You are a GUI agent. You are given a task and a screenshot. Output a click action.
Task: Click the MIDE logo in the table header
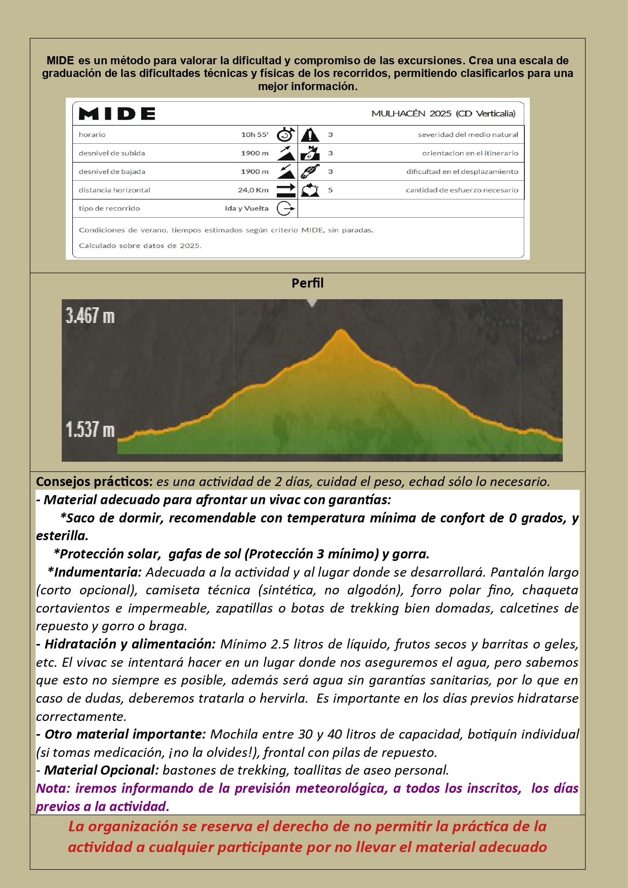click(117, 114)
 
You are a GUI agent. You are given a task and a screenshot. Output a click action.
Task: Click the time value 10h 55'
click(255, 135)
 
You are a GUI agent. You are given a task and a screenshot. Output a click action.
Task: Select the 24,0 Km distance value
click(253, 190)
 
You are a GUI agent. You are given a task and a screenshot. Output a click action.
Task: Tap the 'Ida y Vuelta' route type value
click(246, 209)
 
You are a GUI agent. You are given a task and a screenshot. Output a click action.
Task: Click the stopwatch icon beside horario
click(286, 135)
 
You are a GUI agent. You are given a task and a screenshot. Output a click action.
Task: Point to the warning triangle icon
click(310, 135)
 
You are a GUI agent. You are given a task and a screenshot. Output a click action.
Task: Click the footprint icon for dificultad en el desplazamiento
click(310, 172)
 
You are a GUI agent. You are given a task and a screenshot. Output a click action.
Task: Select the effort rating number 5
click(330, 190)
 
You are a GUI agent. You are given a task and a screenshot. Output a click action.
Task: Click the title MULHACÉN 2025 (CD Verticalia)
click(443, 113)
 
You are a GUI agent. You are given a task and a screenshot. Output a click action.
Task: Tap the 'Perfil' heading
click(307, 283)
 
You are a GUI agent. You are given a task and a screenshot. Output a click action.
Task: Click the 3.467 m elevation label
click(90, 316)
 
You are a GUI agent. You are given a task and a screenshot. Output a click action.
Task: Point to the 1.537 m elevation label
click(90, 430)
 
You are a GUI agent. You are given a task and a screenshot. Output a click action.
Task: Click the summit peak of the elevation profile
click(342, 332)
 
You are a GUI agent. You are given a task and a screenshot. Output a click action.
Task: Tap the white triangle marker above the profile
click(312, 303)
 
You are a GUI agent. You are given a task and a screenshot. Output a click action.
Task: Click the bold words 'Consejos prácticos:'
click(94, 481)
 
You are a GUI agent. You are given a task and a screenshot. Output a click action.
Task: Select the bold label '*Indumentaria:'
click(95, 572)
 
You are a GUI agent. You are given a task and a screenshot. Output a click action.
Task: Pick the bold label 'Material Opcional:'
click(101, 770)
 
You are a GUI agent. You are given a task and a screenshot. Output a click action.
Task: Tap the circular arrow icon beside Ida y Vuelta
click(285, 209)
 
